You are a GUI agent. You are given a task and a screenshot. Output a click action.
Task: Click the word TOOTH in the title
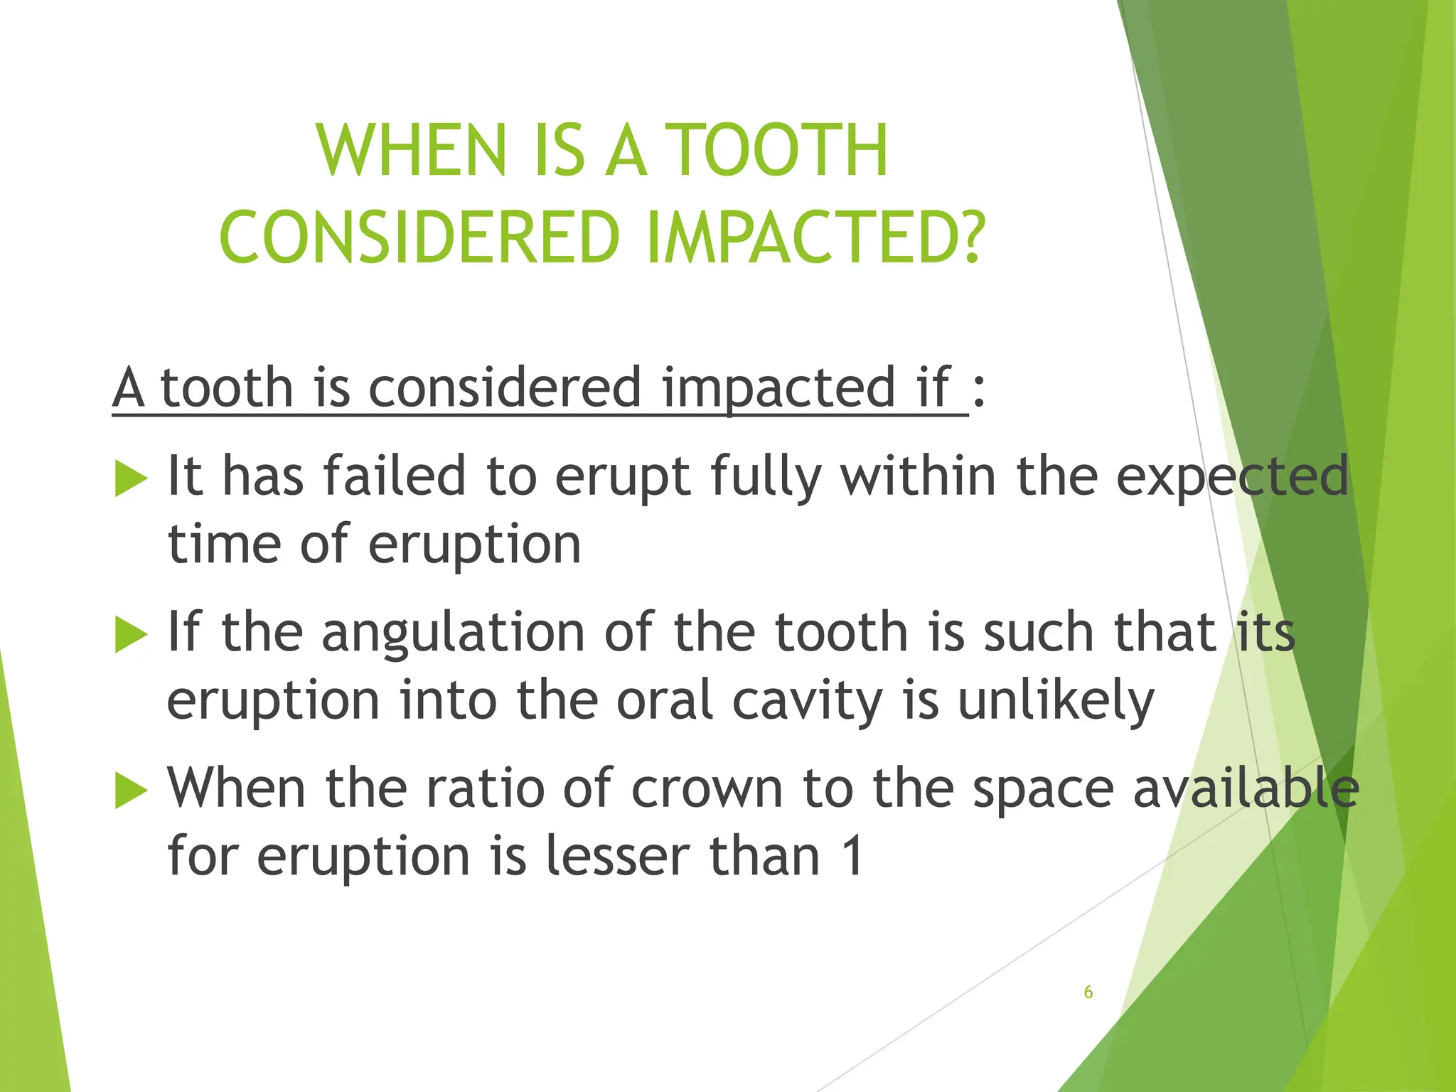[780, 151]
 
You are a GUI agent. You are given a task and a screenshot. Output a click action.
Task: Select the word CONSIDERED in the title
[420, 237]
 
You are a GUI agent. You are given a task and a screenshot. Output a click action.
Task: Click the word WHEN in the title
[411, 151]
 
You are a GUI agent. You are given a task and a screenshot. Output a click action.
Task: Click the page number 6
[1088, 992]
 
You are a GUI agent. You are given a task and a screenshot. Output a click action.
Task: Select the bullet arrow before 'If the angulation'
[131, 634]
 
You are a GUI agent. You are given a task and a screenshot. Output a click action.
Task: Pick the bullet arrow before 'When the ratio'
[131, 791]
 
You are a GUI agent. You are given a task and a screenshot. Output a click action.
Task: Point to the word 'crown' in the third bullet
[707, 789]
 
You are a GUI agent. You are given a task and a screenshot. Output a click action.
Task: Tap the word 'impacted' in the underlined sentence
[778, 390]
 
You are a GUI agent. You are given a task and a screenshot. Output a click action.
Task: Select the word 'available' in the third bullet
[1246, 789]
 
